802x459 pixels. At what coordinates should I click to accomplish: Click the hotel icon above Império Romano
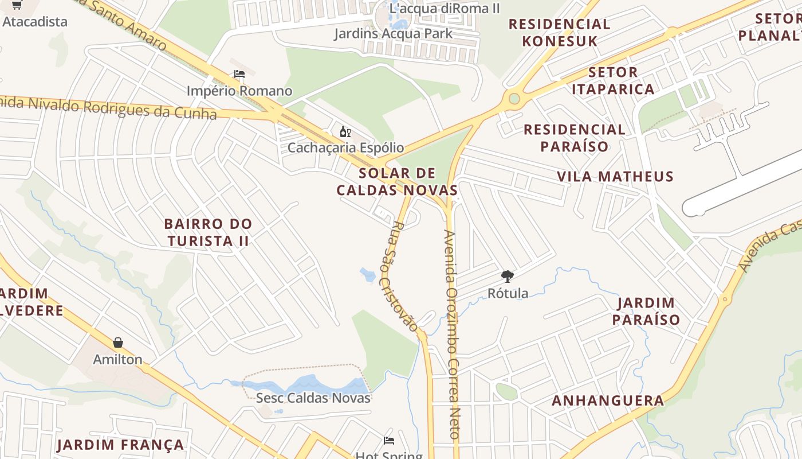pos(239,74)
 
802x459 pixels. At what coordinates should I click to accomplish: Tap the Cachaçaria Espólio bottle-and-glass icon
pos(345,133)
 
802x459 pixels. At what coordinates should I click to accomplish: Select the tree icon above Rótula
pos(508,277)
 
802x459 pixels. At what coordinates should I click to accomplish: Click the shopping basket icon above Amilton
pos(118,343)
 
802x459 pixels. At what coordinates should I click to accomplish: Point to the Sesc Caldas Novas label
pos(313,398)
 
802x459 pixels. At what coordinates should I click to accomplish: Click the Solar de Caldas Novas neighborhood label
pos(397,181)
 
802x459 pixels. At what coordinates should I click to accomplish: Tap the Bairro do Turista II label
pos(208,232)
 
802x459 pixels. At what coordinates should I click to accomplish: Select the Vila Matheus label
pos(615,176)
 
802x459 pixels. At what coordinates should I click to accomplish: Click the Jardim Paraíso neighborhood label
pos(646,311)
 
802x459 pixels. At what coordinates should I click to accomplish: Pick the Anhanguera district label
pos(608,400)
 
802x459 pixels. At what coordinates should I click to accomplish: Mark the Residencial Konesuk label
pos(559,32)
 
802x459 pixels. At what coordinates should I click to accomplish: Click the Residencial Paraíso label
pos(575,138)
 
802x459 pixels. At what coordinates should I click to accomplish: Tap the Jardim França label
pos(120,445)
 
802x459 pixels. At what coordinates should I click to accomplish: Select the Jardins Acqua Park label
pos(394,33)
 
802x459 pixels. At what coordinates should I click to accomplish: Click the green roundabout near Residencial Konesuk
pos(514,99)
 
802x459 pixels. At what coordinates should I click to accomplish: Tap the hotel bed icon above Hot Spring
pos(389,441)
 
